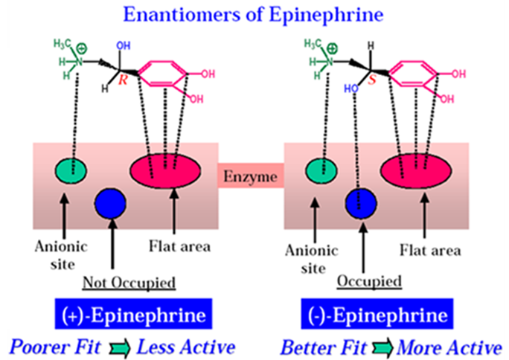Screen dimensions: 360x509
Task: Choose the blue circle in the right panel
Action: pos(362,202)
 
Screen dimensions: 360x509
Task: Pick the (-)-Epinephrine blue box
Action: pos(378,315)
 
